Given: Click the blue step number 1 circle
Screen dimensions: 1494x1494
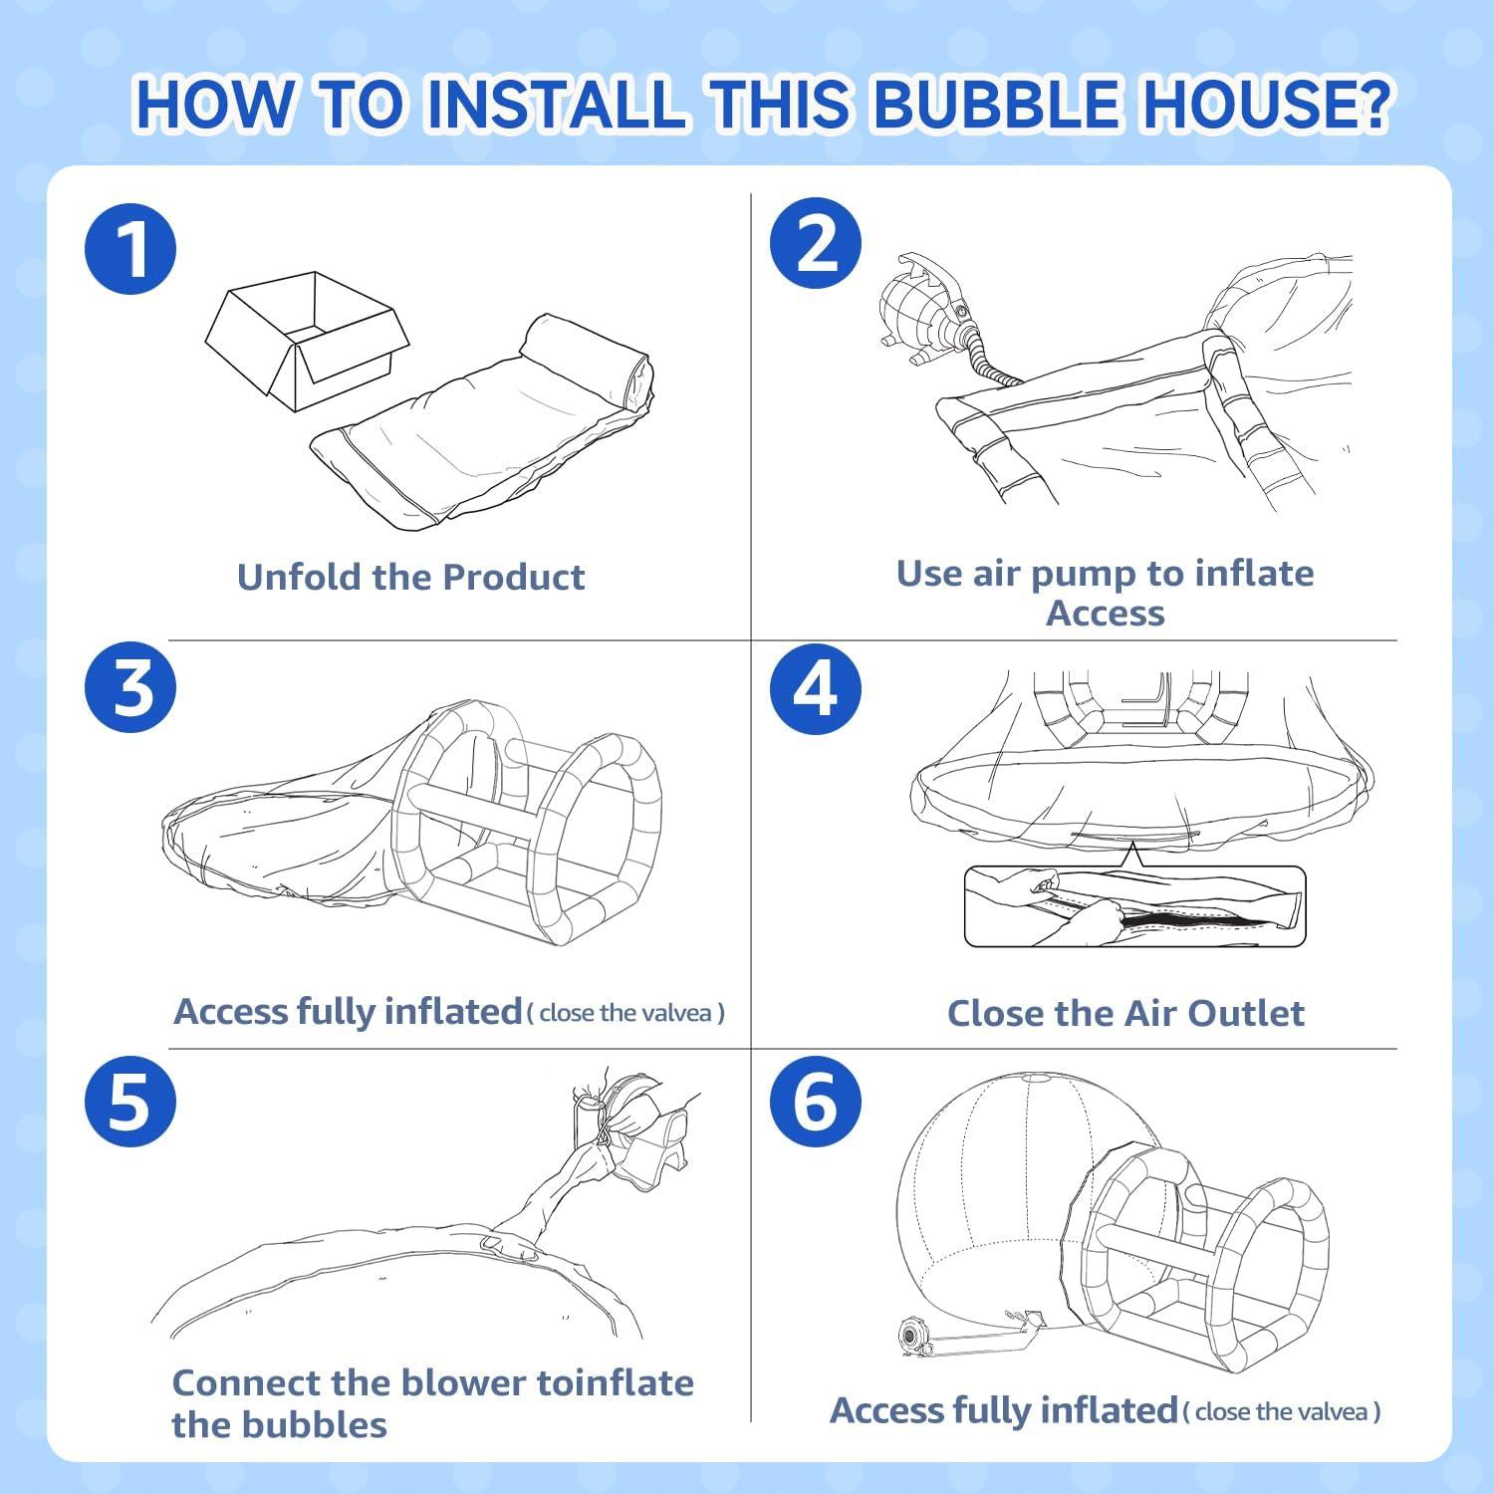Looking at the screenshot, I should click(130, 249).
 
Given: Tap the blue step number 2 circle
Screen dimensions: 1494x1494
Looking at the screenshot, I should click(816, 244).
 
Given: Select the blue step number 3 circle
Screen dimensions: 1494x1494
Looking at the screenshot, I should click(130, 687).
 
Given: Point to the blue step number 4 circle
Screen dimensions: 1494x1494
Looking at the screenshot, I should click(816, 688).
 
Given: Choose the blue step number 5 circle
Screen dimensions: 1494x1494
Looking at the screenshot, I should click(130, 1102).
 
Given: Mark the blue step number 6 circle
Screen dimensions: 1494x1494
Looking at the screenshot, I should click(816, 1102).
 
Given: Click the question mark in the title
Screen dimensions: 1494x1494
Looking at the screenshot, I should click(1371, 104).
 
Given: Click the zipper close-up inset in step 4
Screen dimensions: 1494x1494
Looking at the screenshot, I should click(1134, 906).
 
